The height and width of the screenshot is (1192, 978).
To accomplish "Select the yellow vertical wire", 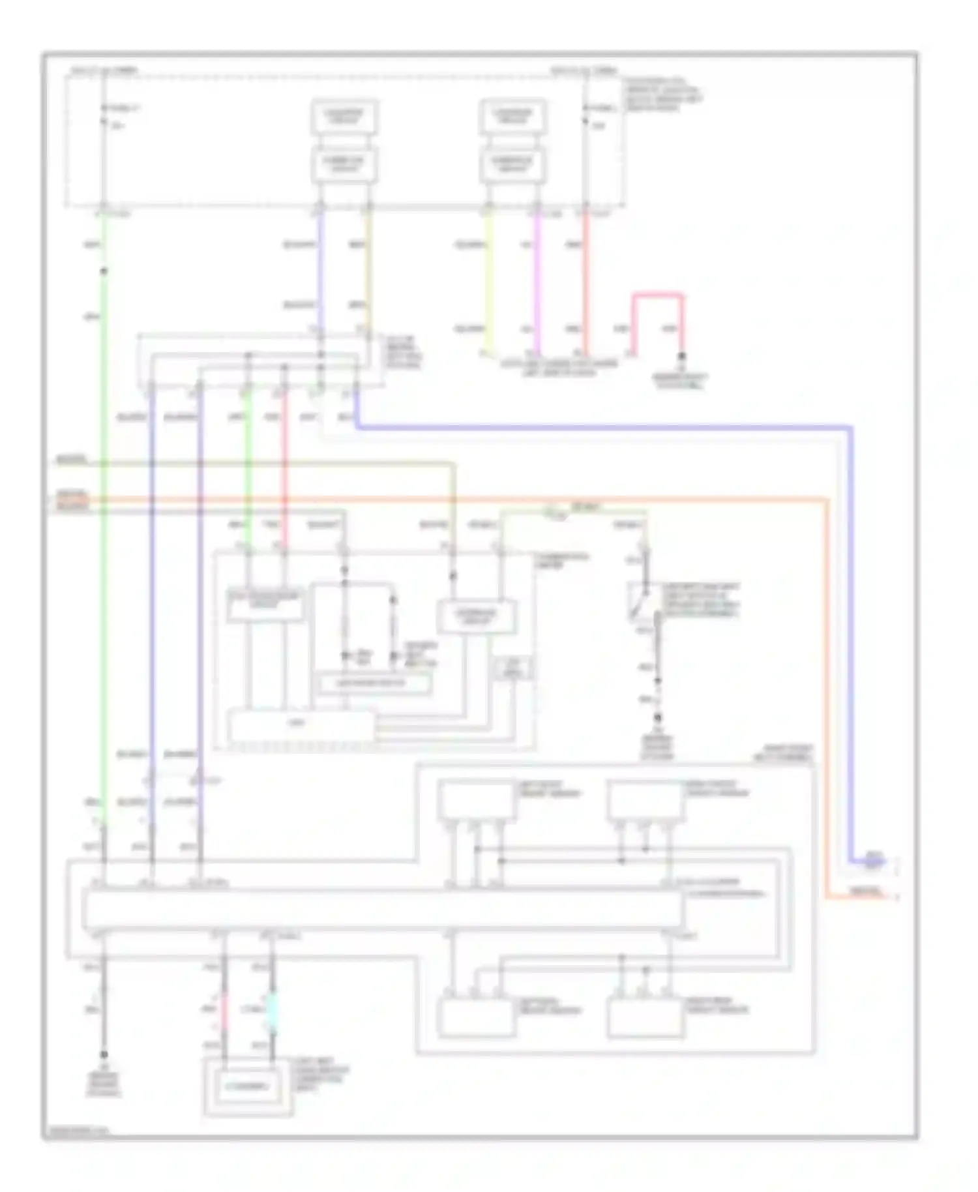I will click(490, 280).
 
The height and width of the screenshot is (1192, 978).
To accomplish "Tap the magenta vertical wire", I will click(537, 280).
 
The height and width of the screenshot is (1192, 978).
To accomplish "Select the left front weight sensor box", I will click(477, 800).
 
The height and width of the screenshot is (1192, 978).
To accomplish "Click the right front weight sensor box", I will click(645, 800).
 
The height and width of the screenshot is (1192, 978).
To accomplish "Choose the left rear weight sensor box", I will click(477, 1017).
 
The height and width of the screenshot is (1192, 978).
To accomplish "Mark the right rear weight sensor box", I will click(645, 1017).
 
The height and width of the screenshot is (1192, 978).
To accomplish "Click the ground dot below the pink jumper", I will click(682, 357).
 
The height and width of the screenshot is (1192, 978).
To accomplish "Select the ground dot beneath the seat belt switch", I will click(657, 717).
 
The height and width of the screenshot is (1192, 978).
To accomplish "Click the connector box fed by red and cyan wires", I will click(247, 1087).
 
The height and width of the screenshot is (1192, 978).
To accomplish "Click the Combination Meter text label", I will click(560, 561).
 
